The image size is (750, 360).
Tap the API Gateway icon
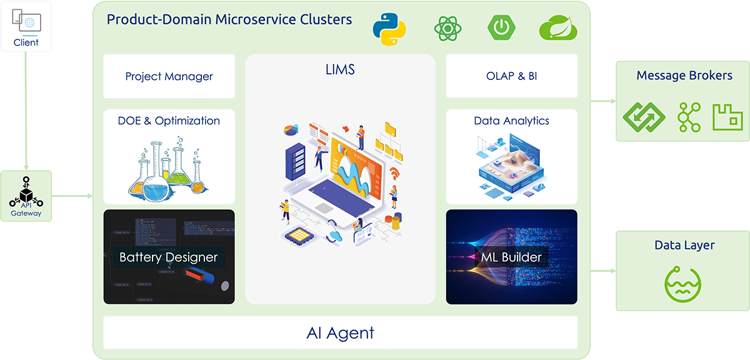point(26,196)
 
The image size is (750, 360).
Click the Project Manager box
point(169,76)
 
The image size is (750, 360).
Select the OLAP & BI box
point(511,76)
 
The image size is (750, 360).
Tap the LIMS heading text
point(340,69)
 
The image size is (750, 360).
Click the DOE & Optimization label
point(169,121)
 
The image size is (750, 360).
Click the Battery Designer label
point(169,257)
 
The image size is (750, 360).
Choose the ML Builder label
point(511,257)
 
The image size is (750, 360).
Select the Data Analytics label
point(511,121)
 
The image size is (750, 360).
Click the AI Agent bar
point(340,332)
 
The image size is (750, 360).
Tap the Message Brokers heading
point(684,76)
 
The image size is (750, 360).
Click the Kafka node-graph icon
point(689,117)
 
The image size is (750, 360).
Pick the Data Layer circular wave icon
point(682,284)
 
